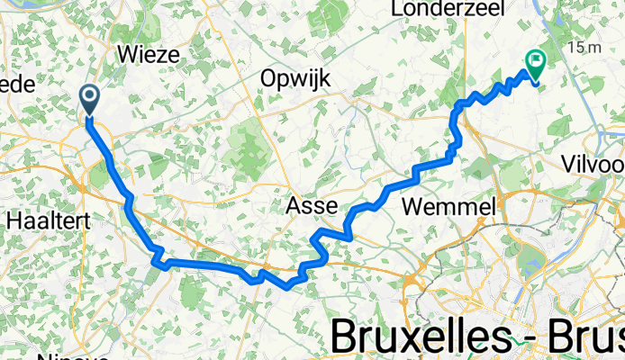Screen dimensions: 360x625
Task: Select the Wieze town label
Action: [149, 53]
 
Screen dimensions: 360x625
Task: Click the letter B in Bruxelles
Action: [346, 335]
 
